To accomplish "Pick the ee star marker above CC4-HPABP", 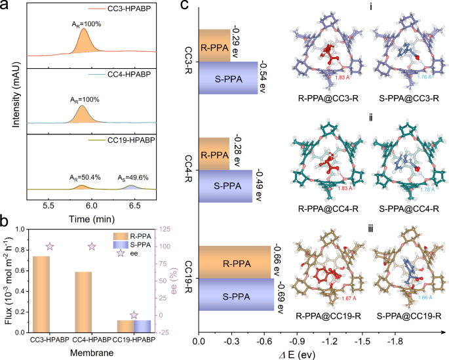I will click(92, 247).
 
